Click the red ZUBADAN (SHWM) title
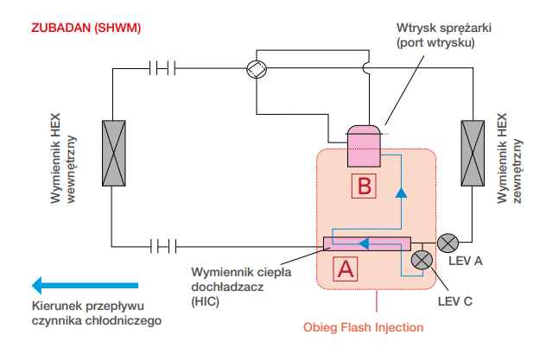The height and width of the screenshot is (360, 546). point(86,27)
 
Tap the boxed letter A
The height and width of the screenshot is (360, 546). point(345,269)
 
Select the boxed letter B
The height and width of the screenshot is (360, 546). point(365,186)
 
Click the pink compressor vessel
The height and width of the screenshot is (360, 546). point(365,145)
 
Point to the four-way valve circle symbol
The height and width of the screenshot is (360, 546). point(254,71)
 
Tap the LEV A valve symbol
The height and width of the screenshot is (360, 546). point(448,243)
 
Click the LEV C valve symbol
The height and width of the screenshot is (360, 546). point(421,260)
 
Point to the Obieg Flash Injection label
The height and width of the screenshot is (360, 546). point(363,328)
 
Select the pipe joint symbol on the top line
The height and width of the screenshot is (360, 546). point(162,66)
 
